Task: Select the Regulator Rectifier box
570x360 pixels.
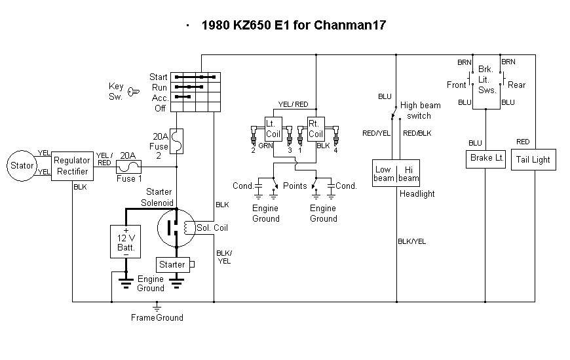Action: (72, 166)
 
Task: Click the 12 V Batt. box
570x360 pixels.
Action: (125, 242)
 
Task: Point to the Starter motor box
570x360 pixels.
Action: (172, 265)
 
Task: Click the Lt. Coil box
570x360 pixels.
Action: (273, 127)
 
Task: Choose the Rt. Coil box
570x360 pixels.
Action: (316, 127)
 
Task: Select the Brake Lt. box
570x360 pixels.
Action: (486, 159)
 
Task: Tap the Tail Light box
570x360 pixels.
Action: (533, 159)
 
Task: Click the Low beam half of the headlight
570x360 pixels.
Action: (384, 174)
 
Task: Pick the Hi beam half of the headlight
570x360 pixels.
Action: (408, 174)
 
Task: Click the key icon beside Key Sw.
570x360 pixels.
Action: (134, 90)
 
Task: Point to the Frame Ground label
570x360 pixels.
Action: (157, 317)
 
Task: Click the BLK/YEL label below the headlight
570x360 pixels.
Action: (411, 241)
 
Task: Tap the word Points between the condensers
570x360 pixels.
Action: (295, 186)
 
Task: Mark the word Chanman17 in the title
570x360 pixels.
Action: (350, 26)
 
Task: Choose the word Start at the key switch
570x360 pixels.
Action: (159, 77)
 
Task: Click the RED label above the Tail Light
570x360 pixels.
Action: (523, 142)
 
